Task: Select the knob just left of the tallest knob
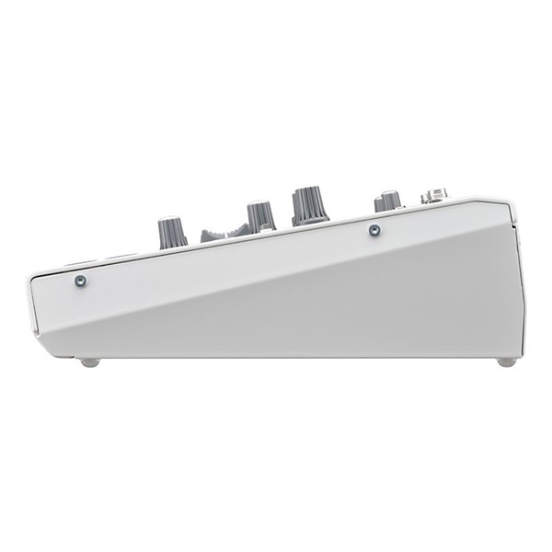(x=260, y=217)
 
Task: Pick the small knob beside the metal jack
(x=387, y=201)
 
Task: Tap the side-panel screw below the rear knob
(x=374, y=230)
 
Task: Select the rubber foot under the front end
(x=89, y=362)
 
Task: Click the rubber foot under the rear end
(x=506, y=362)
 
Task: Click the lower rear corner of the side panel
(x=523, y=355)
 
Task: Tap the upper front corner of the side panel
(x=31, y=274)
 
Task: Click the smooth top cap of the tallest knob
(x=310, y=190)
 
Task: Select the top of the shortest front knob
(x=171, y=221)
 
